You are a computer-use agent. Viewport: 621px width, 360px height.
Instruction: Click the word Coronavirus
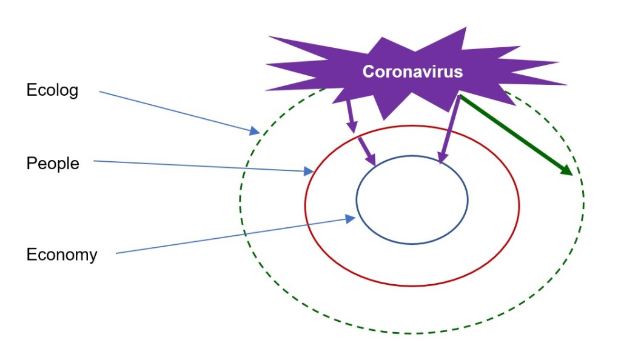click(412, 72)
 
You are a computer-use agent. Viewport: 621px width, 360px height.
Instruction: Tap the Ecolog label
click(52, 90)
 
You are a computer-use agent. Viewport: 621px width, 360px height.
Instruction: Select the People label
click(53, 164)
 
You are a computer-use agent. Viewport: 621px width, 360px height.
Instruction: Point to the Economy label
click(62, 255)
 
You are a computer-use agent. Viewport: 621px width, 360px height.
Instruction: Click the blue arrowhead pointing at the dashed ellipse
click(255, 130)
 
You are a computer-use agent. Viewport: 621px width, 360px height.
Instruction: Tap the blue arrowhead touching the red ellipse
click(309, 171)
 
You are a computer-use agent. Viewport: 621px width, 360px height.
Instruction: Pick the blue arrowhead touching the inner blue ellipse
click(351, 219)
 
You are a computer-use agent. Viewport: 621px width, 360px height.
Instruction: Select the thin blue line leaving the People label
click(204, 166)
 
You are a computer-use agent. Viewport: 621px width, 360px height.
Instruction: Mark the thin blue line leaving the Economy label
click(236, 236)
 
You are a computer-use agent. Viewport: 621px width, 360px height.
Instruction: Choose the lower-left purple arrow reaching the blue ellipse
click(367, 151)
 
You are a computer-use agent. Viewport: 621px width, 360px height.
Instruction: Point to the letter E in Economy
click(32, 255)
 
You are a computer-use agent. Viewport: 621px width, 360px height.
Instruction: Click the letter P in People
click(32, 164)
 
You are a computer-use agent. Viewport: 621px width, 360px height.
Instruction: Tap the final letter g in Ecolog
click(73, 92)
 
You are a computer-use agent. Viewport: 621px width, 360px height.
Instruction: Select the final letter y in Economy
click(93, 257)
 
